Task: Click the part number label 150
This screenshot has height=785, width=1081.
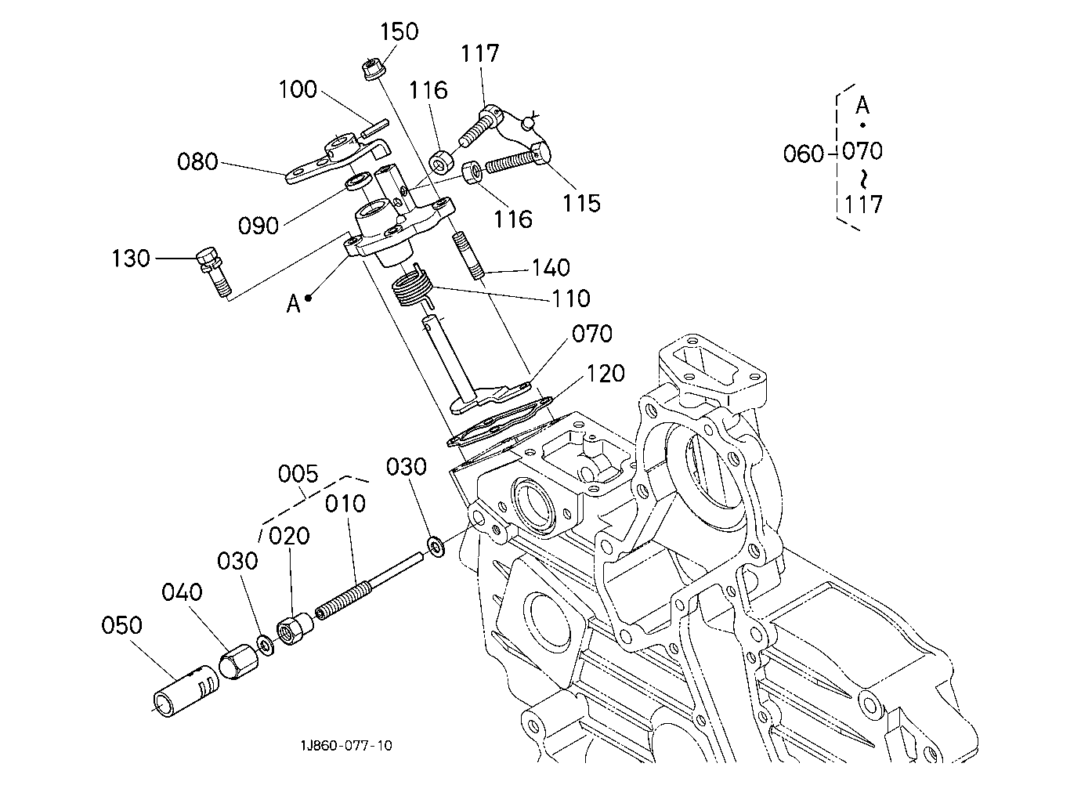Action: pyautogui.click(x=399, y=32)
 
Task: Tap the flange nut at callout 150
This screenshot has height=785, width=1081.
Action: pyautogui.click(x=374, y=70)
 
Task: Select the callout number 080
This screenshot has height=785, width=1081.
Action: pyautogui.click(x=197, y=161)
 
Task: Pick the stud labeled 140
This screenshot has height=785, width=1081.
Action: pyautogui.click(x=467, y=256)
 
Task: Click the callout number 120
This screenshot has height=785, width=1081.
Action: pyautogui.click(x=606, y=374)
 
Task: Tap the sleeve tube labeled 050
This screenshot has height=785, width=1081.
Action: pyautogui.click(x=186, y=691)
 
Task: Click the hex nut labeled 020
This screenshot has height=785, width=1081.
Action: pyautogui.click(x=295, y=629)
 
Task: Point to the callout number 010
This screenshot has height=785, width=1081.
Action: pyautogui.click(x=345, y=504)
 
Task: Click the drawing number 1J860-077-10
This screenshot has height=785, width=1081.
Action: pyautogui.click(x=346, y=746)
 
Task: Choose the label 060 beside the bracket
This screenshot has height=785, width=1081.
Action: pyautogui.click(x=803, y=154)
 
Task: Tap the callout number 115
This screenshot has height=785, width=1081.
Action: pyautogui.click(x=581, y=203)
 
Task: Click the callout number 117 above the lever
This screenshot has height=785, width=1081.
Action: pyautogui.click(x=479, y=53)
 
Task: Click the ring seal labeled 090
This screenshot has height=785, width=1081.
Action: pyautogui.click(x=358, y=181)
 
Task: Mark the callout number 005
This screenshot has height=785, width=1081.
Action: pyautogui.click(x=298, y=474)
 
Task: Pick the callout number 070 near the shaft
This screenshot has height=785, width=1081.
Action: pyautogui.click(x=592, y=334)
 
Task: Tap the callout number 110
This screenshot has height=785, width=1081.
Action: pyautogui.click(x=571, y=298)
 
